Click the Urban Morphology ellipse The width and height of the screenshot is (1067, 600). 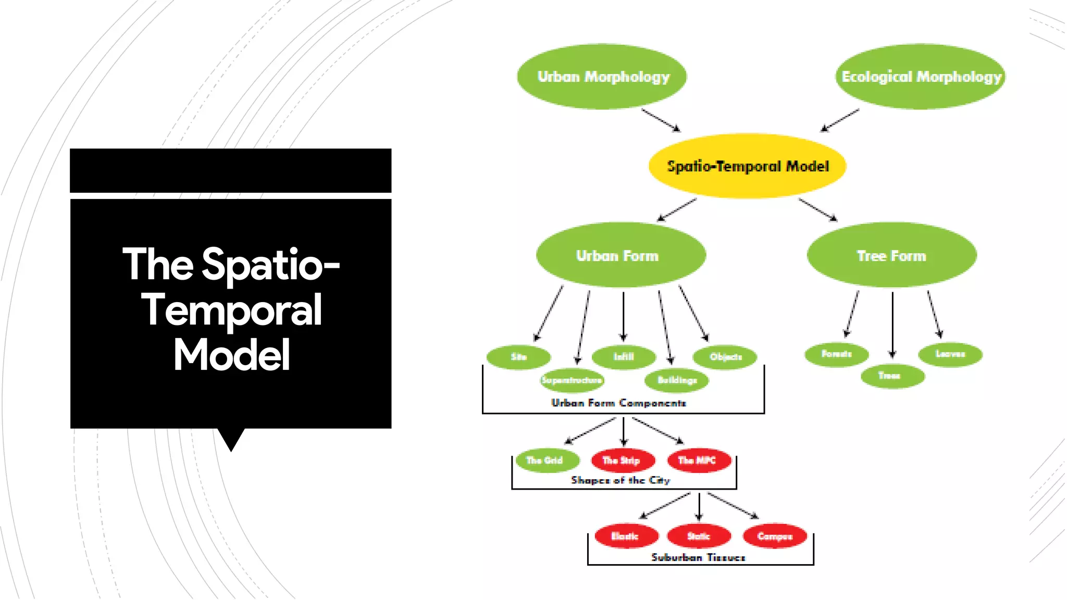[x=602, y=77]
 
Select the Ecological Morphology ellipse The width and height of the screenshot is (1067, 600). [x=921, y=77]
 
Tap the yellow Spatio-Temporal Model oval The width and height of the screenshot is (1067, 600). [x=747, y=166]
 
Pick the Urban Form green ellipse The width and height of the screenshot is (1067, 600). [x=621, y=255]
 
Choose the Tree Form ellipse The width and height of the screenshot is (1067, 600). [x=891, y=255]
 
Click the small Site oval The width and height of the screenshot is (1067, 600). [x=518, y=357]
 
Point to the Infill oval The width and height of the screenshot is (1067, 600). [x=624, y=357]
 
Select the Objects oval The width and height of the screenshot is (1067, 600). [x=725, y=357]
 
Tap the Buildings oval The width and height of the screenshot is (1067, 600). [x=677, y=380]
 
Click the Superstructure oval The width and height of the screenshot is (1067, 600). [x=572, y=380]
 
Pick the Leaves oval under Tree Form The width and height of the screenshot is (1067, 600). [x=950, y=354]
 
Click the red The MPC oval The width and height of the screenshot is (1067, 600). [x=699, y=460]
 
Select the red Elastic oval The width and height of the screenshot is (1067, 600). [x=626, y=536]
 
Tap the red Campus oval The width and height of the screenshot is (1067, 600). [x=775, y=536]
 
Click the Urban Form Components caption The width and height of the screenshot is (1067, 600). [x=619, y=403]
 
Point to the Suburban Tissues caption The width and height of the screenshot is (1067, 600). [x=698, y=557]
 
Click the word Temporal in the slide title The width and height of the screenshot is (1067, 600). [x=231, y=310]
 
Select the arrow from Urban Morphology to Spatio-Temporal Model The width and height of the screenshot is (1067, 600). [x=661, y=120]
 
